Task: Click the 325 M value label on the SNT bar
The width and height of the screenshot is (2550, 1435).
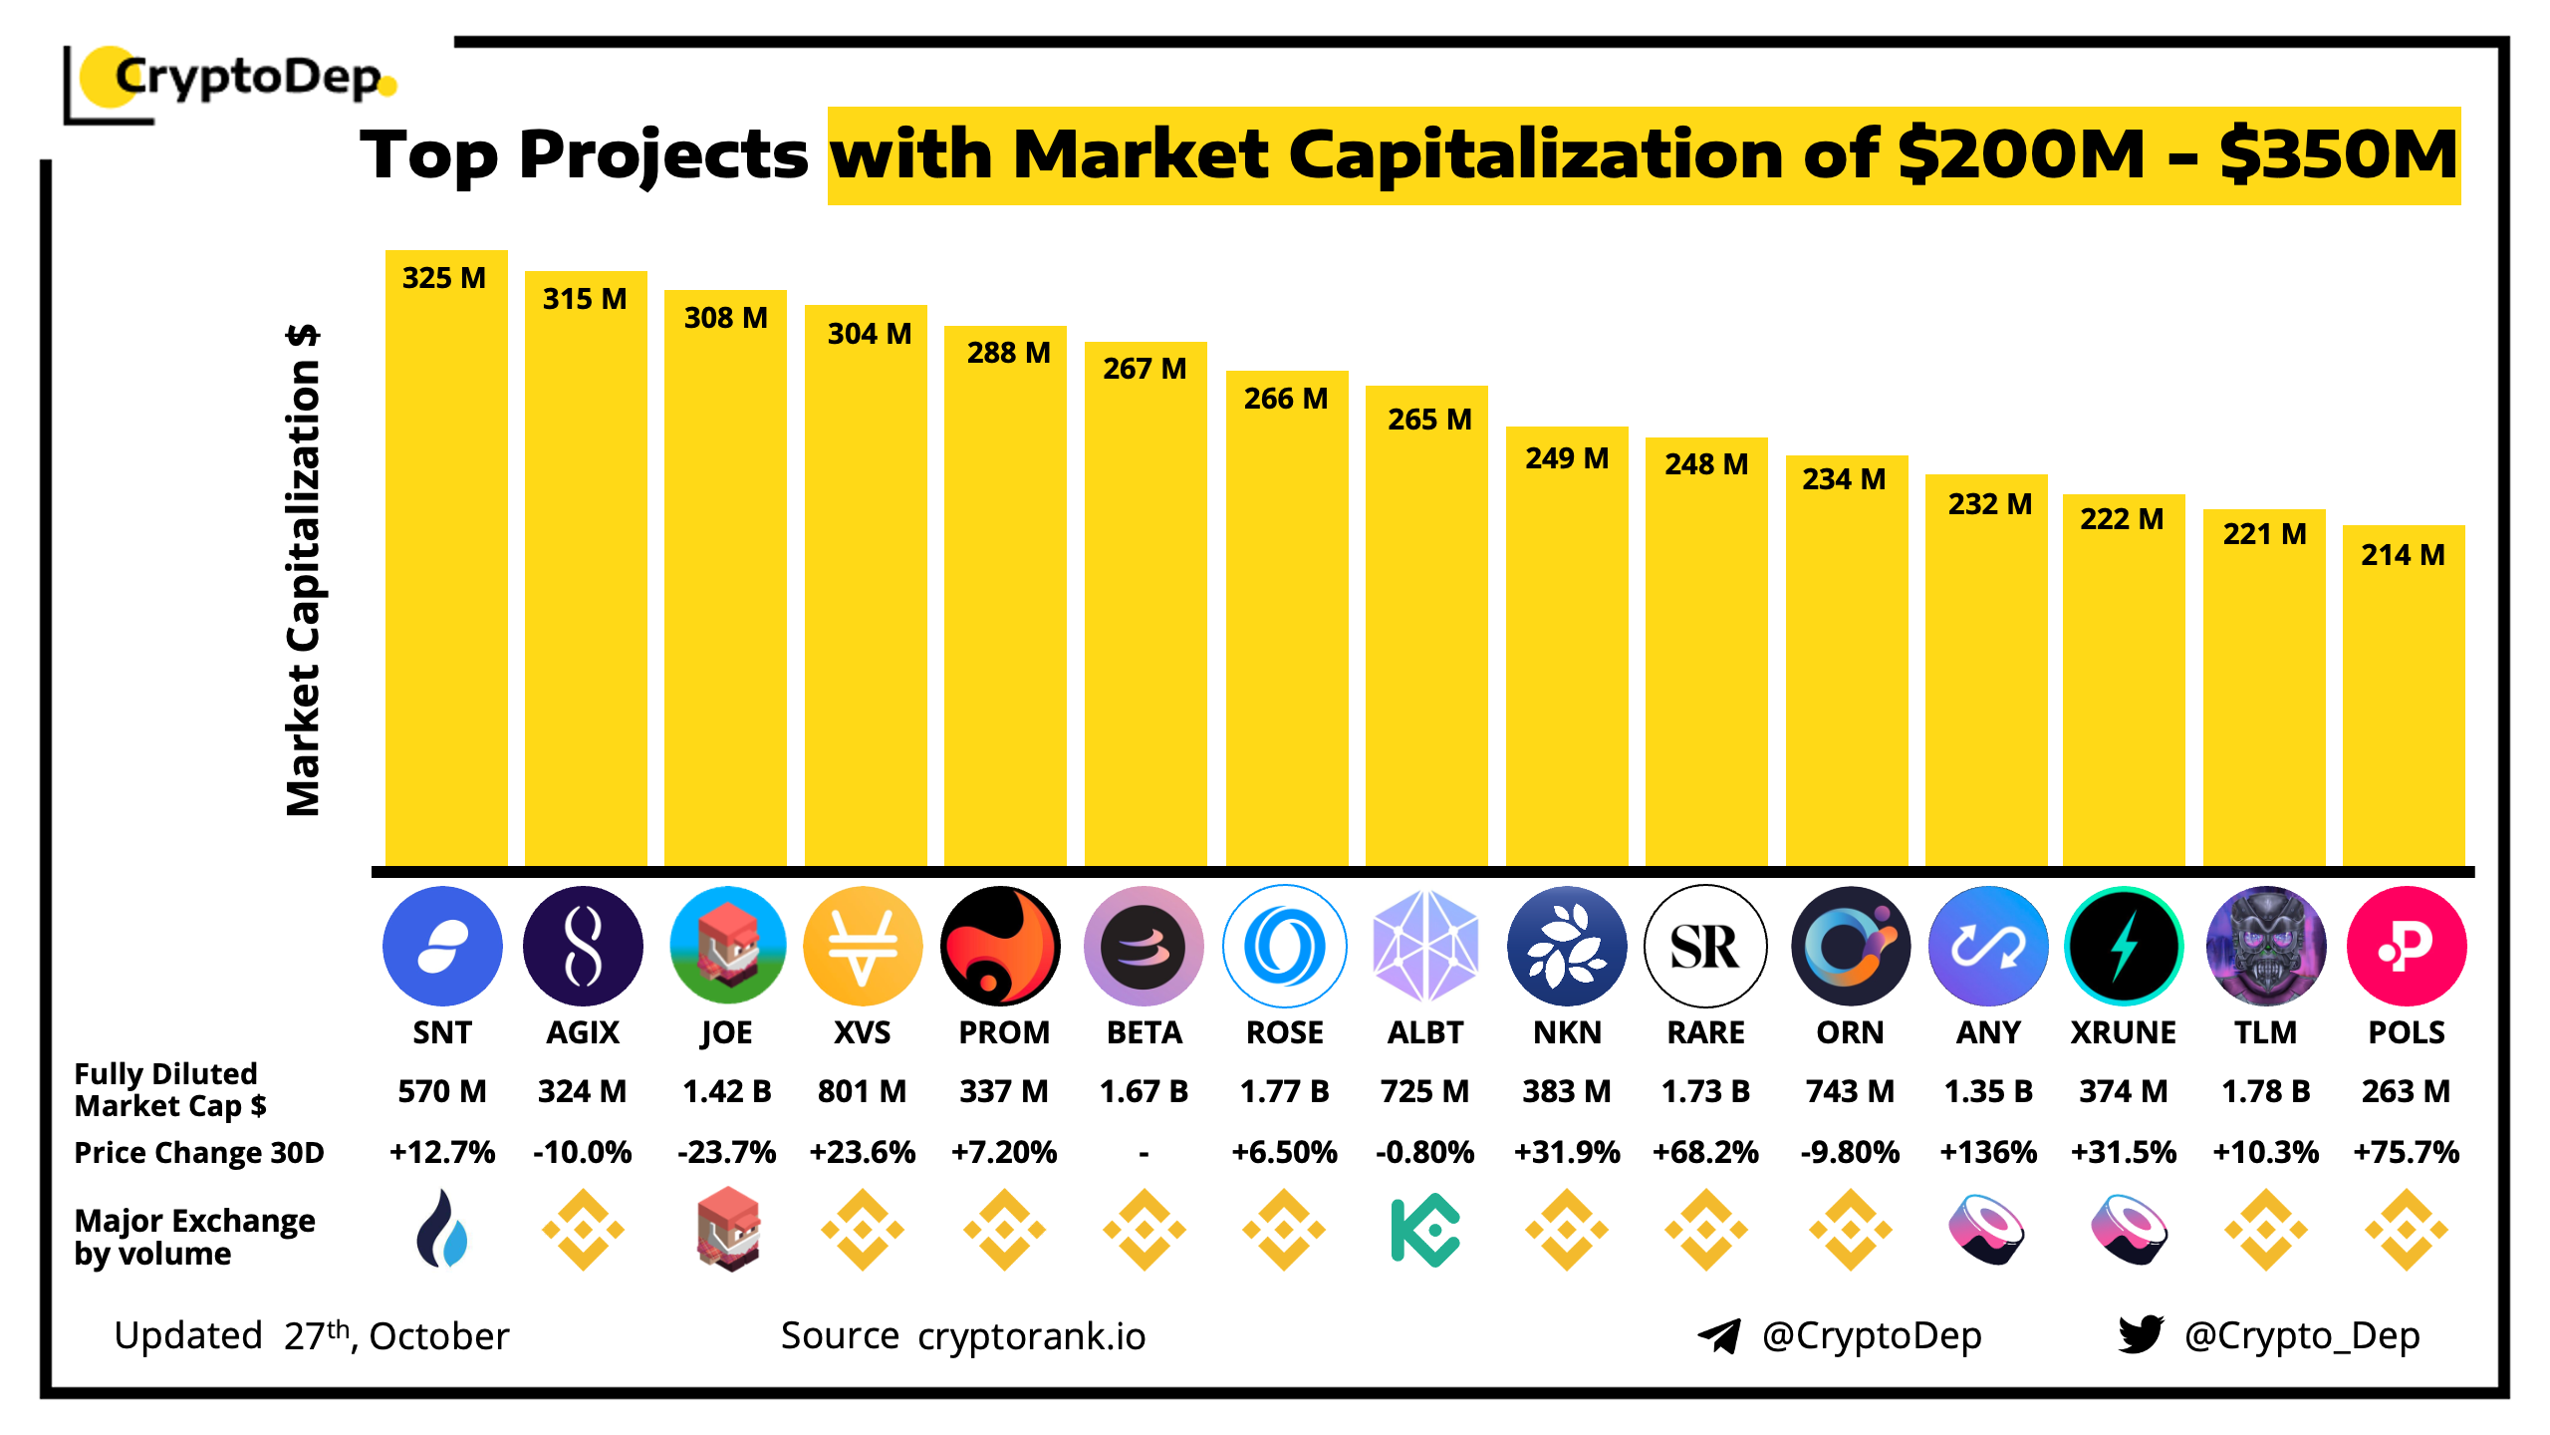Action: coord(444,278)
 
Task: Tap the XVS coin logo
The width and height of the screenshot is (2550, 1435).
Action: coord(863,946)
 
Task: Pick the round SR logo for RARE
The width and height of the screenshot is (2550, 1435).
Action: coord(1705,946)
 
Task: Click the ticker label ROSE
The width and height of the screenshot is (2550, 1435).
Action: coord(1284,1032)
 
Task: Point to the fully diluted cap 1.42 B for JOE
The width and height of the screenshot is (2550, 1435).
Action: coord(726,1091)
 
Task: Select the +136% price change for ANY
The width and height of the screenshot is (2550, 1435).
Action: coord(1987,1152)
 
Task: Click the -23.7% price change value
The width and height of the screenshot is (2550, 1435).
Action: coord(726,1152)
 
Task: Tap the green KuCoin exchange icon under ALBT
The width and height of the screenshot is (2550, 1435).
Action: coord(1425,1230)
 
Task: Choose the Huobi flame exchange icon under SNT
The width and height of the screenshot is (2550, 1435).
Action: coord(442,1230)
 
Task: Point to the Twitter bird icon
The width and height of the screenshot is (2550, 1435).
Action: coord(2141,1334)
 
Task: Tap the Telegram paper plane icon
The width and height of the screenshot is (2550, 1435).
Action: coord(1719,1335)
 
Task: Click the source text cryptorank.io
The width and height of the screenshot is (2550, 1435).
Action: coord(1031,1336)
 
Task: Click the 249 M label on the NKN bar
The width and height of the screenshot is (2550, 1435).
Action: coord(1567,458)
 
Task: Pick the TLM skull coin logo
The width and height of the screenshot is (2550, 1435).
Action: coord(2266,946)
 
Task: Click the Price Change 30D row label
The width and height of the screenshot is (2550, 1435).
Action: coord(199,1153)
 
